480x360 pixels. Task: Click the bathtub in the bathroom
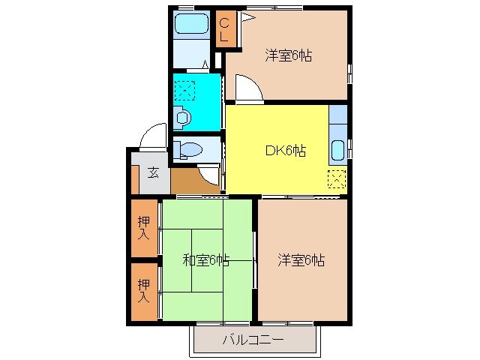pyautogui.click(x=191, y=24)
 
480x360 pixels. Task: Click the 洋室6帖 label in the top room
pyautogui.click(x=288, y=55)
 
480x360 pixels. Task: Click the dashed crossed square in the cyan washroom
pyautogui.click(x=184, y=91)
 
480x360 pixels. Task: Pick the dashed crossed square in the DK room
pyautogui.click(x=337, y=179)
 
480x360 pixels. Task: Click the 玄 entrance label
pyautogui.click(x=152, y=172)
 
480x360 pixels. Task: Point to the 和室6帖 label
pyautogui.click(x=206, y=260)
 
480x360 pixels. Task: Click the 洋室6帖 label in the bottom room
pyautogui.click(x=301, y=260)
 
